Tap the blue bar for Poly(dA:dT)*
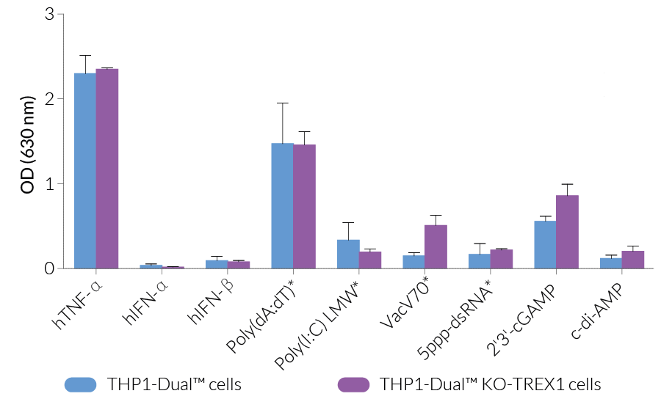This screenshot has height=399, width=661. coord(283,205)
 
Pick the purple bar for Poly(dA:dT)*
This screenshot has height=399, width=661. coord(304,206)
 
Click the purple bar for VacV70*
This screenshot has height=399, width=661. coord(436,246)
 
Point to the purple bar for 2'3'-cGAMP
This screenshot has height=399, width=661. coord(567,232)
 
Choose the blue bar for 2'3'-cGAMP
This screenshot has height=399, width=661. coord(545,244)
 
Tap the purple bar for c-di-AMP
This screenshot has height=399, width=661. coord(632,260)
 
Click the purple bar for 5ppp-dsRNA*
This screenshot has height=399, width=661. coord(501,259)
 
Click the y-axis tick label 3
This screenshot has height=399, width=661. coord(49,14)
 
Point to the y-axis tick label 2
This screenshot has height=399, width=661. coord(49,99)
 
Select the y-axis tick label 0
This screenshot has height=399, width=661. coord(49,268)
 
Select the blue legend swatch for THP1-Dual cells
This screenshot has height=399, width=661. coord(81,384)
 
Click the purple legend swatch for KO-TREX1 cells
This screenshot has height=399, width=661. coord(353,384)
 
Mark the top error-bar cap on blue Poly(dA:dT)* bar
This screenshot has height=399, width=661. coord(283,103)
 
